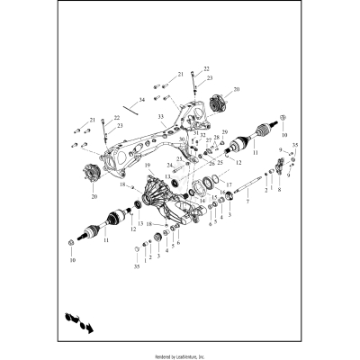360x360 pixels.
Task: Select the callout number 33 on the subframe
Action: pos(160,117)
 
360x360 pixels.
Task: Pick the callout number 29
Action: pos(225,132)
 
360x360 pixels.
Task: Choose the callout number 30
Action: pos(182,139)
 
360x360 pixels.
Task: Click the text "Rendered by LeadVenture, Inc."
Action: pos(180,355)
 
